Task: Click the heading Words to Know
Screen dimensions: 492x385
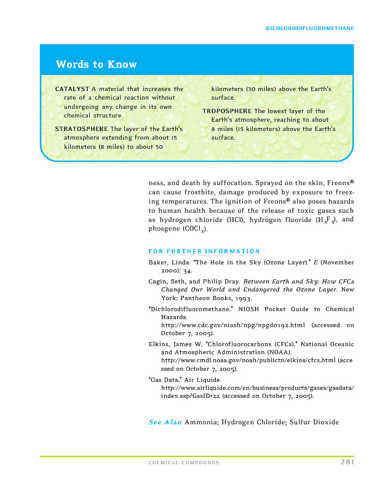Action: tap(96, 65)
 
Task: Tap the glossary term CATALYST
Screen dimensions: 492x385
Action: tap(73, 89)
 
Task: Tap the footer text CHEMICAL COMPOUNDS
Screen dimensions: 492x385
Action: tap(183, 462)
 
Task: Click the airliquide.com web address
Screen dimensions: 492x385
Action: tap(257, 388)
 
